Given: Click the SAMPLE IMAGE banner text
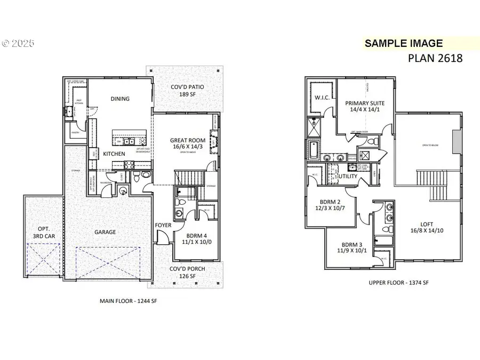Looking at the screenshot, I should pyautogui.click(x=403, y=43).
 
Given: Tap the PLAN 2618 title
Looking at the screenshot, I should pyautogui.click(x=435, y=58).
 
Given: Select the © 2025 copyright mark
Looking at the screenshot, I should pyautogui.click(x=18, y=43).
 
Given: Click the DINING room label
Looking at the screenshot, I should pyautogui.click(x=120, y=99).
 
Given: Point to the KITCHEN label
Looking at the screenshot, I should pyautogui.click(x=114, y=154).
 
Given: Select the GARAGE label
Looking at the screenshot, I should pyautogui.click(x=105, y=232).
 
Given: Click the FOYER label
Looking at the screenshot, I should pyautogui.click(x=163, y=225).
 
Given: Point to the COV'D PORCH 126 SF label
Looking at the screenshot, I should pyautogui.click(x=187, y=272).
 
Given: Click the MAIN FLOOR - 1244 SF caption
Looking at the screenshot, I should pyautogui.click(x=129, y=301).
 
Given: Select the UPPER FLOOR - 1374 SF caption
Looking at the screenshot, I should pyautogui.click(x=399, y=283).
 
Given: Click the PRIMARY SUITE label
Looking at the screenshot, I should pyautogui.click(x=364, y=106).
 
